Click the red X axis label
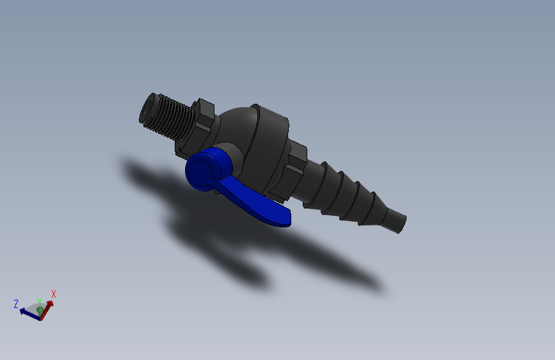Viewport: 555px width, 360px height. click(x=54, y=294)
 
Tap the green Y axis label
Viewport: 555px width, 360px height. click(x=40, y=302)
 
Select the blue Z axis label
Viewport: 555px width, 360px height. click(x=16, y=304)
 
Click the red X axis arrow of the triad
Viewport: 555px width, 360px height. click(x=47, y=308)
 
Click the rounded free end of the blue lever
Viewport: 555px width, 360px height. click(x=284, y=218)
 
